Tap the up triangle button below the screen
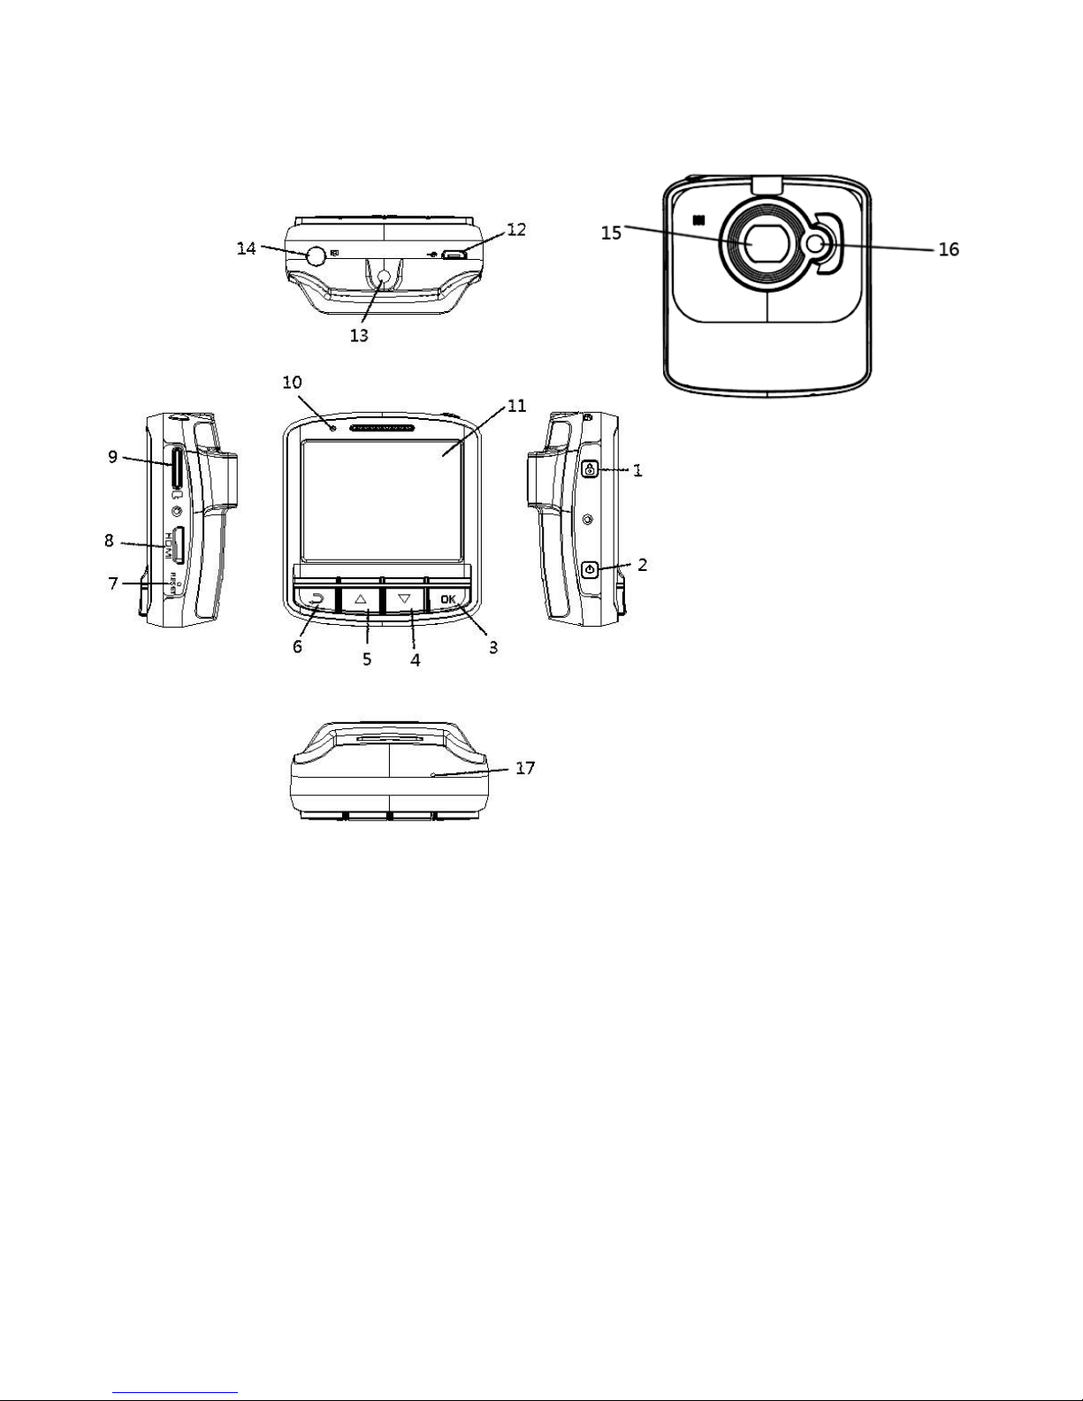click(x=361, y=598)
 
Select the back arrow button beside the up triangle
click(x=315, y=598)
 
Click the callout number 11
click(x=516, y=407)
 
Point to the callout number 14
click(x=247, y=248)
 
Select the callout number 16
click(x=948, y=250)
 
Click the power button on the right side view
click(x=590, y=568)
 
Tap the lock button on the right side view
click(x=590, y=469)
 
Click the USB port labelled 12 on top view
click(x=454, y=255)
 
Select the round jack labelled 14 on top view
click(x=316, y=255)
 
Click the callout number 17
click(x=525, y=768)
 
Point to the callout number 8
click(x=110, y=539)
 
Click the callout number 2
click(x=643, y=565)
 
